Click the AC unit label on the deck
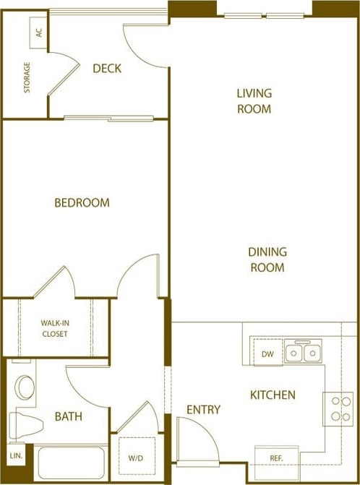pyautogui.click(x=38, y=33)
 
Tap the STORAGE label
pyautogui.click(x=27, y=77)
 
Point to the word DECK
pyautogui.click(x=107, y=69)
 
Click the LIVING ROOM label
pyautogui.click(x=254, y=101)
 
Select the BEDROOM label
pyautogui.click(x=82, y=203)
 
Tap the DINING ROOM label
pyautogui.click(x=267, y=259)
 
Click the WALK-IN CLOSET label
pyautogui.click(x=54, y=329)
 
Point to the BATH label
pyautogui.click(x=69, y=417)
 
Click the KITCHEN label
pyautogui.click(x=273, y=395)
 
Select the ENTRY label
pyautogui.click(x=203, y=410)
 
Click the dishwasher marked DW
pyautogui.click(x=267, y=354)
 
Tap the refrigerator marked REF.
pyautogui.click(x=276, y=458)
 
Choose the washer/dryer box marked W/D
pyautogui.click(x=136, y=458)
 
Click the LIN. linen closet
pyautogui.click(x=15, y=456)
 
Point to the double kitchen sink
pyautogui.click(x=303, y=353)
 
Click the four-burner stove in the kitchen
pyautogui.click(x=338, y=408)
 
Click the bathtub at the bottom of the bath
pyautogui.click(x=71, y=463)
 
